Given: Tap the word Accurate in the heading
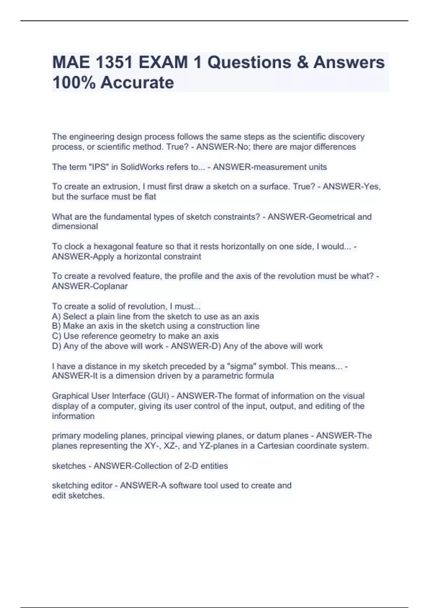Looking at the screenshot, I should [137, 83].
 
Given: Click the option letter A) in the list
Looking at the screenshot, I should [56, 317].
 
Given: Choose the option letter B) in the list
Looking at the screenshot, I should [56, 326].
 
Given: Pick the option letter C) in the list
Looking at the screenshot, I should [56, 336].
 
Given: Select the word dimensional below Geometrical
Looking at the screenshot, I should [75, 226].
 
